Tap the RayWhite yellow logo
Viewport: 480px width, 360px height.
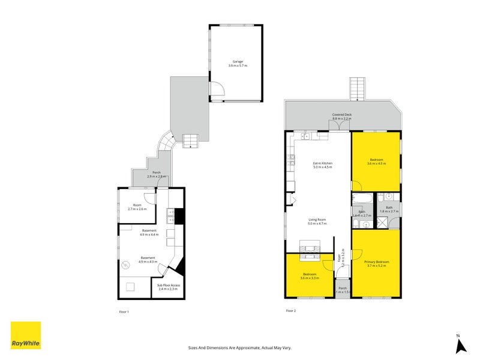(26, 336)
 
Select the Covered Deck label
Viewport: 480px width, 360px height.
(341, 117)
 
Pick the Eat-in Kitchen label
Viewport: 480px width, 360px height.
(322, 165)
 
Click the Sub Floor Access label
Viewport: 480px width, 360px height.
(169, 287)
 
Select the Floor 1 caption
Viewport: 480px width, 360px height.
(124, 311)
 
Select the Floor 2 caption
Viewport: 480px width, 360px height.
(290, 311)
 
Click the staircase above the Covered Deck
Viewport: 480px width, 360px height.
(358, 89)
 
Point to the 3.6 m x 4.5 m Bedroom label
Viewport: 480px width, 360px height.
(376, 161)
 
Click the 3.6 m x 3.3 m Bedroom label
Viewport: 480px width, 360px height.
(310, 275)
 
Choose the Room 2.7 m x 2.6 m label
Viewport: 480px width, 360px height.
(136, 207)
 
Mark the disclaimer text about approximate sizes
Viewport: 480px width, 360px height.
(239, 347)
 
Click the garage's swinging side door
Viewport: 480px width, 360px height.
(220, 90)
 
